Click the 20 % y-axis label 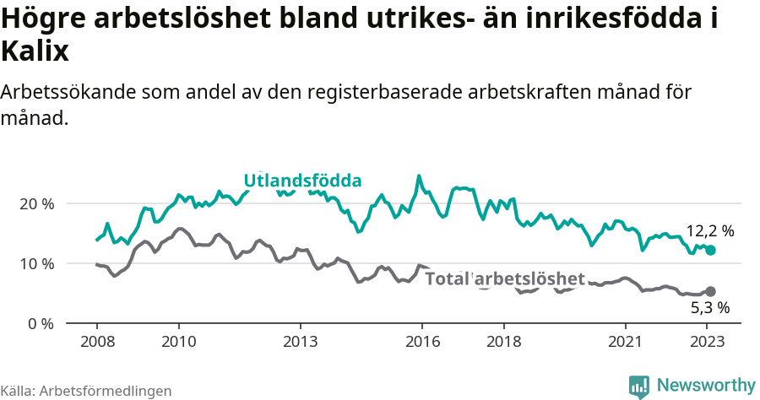coord(36,203)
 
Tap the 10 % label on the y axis coord(36,263)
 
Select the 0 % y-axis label coord(40,323)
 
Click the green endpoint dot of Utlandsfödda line coord(711,251)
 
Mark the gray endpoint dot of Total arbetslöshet coord(711,291)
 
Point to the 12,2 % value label coord(709,230)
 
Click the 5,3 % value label coord(709,308)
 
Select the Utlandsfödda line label coord(302,181)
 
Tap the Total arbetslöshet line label coord(505,278)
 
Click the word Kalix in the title coord(35,52)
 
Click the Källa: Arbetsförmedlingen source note coord(86,391)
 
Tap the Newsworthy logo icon coord(639,386)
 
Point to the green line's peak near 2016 coord(419,176)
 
